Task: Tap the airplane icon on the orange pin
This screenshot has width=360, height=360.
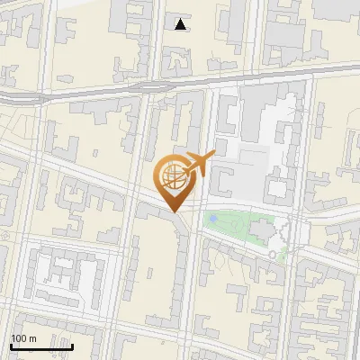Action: pyautogui.click(x=198, y=165)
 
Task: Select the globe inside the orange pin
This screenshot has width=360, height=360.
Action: pyautogui.click(x=172, y=177)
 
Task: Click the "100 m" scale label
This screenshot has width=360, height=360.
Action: pyautogui.click(x=23, y=338)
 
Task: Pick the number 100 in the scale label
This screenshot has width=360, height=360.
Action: pyautogui.click(x=19, y=338)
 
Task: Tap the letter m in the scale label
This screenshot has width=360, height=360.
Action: pyautogui.click(x=32, y=338)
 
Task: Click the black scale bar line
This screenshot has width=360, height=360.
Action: pyautogui.click(x=41, y=346)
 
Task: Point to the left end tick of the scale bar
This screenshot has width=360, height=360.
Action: pyautogui.click(x=11, y=345)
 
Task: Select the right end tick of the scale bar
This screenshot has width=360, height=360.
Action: pyautogui.click(x=72, y=345)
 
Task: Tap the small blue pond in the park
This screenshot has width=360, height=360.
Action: pyautogui.click(x=212, y=218)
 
